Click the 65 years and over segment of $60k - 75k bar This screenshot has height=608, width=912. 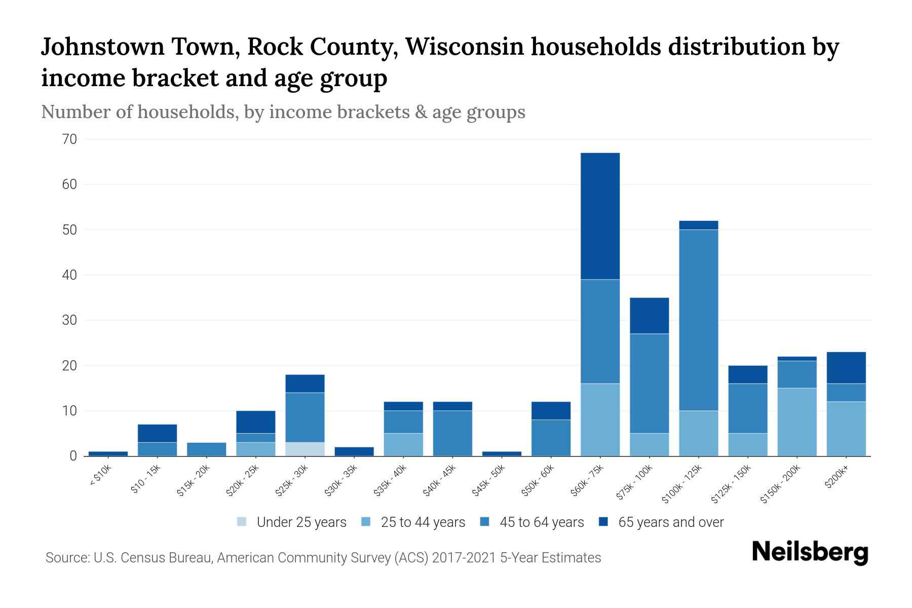tap(600, 216)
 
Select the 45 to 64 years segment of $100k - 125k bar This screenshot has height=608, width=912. tap(699, 320)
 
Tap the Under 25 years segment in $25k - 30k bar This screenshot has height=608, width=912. tap(305, 449)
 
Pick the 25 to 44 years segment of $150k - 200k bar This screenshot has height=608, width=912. tap(797, 422)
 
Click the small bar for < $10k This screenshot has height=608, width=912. tap(108, 453)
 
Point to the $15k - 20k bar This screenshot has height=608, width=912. tap(206, 449)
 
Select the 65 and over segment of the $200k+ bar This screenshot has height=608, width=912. tap(846, 367)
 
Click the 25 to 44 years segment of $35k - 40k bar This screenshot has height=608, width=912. tap(403, 444)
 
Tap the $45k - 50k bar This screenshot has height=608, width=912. tap(502, 453)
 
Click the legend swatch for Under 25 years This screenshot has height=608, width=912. tap(242, 522)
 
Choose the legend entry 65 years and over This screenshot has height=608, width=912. tap(670, 522)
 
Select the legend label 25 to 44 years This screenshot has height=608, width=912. tap(423, 522)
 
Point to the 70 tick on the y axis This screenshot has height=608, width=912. tap(69, 139)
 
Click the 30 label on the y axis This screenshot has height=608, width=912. tap(69, 320)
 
